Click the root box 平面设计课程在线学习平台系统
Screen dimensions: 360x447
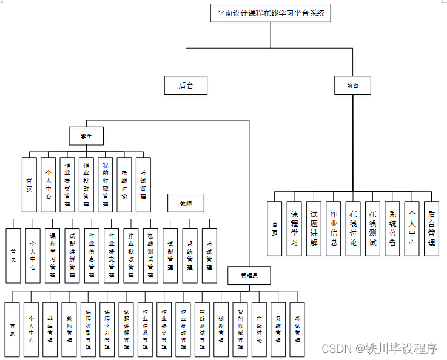pyautogui.click(x=271, y=13)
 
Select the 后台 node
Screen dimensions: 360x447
pyautogui.click(x=186, y=86)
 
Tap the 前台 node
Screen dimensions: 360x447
pyautogui.click(x=352, y=86)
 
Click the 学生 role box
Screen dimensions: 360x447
pyautogui.click(x=86, y=135)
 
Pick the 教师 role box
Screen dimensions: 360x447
pyautogui.click(x=186, y=203)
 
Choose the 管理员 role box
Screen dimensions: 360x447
pyautogui.click(x=249, y=275)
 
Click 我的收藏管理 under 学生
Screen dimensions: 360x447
pyautogui.click(x=105, y=185)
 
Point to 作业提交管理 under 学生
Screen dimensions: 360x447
pyautogui.click(x=67, y=185)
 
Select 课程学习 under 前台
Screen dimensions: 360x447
pyautogui.click(x=294, y=228)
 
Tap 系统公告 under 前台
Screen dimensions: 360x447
pyautogui.click(x=392, y=228)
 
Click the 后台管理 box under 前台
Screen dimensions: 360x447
pyautogui.click(x=431, y=228)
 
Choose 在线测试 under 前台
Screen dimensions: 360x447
pyautogui.click(x=372, y=228)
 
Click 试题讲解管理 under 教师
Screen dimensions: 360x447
pyautogui.click(x=72, y=256)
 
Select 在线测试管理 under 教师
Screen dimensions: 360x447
pyautogui.click(x=150, y=256)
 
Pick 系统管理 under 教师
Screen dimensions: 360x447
pyautogui.click(x=190, y=256)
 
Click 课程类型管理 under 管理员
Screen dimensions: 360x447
pyautogui.click(x=88, y=329)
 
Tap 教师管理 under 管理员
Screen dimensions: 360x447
pyautogui.click(x=69, y=329)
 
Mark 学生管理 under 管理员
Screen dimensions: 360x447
pyautogui.click(x=50, y=329)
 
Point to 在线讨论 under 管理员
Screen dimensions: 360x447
pyautogui.click(x=259, y=329)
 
